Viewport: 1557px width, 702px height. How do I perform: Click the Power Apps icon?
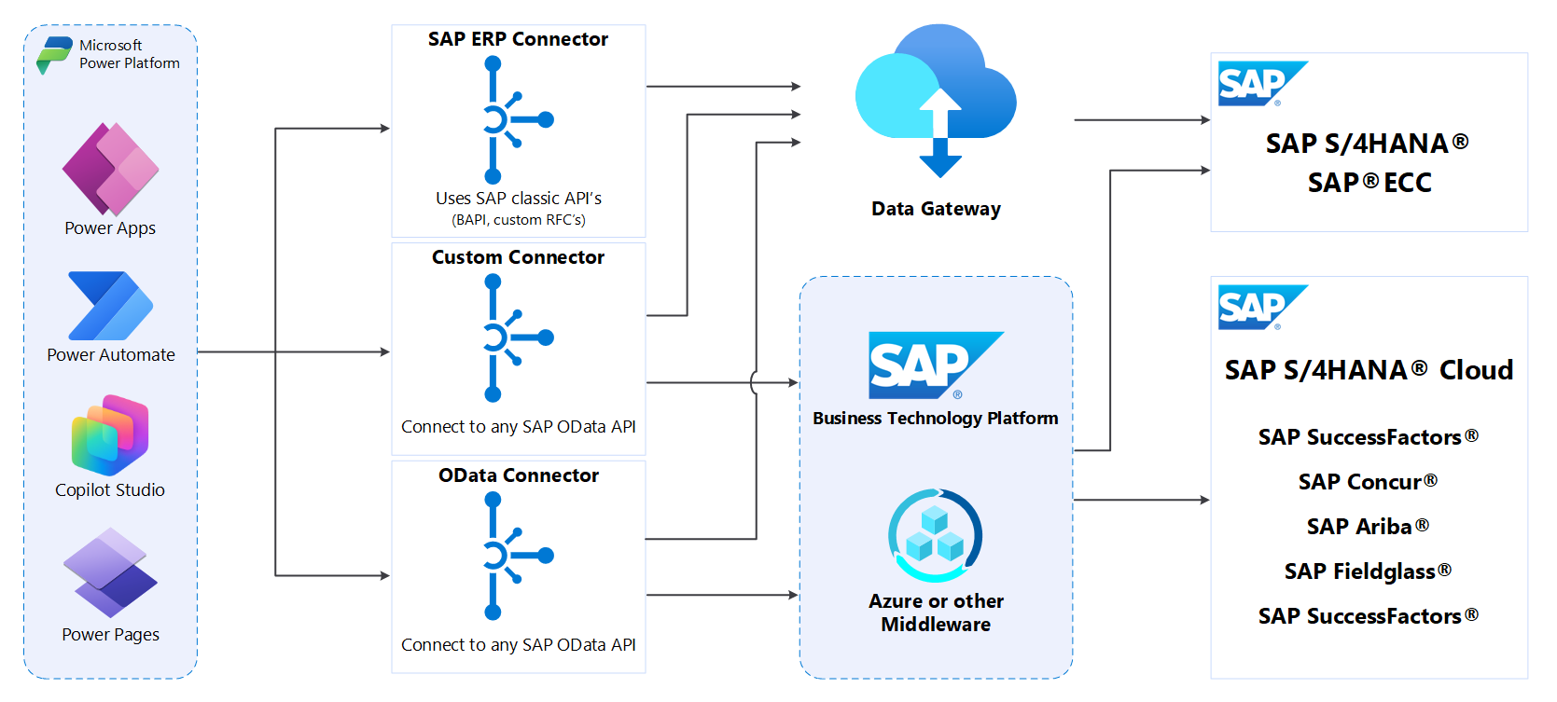pyautogui.click(x=110, y=170)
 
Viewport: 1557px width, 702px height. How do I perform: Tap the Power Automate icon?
pyautogui.click(x=110, y=306)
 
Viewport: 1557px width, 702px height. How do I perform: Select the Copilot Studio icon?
pyautogui.click(x=110, y=435)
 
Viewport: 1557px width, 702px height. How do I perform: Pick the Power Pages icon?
pyautogui.click(x=110, y=572)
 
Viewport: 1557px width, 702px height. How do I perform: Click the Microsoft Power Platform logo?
pyautogui.click(x=53, y=54)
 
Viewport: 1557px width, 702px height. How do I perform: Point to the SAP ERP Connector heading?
pyautogui.click(x=518, y=39)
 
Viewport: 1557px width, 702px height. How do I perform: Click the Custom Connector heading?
pyautogui.click(x=518, y=257)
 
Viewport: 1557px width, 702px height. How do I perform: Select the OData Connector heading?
pyautogui.click(x=518, y=475)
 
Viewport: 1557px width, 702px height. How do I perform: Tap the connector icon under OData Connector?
pyautogui.click(x=508, y=557)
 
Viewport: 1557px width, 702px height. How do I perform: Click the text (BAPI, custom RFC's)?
pyautogui.click(x=518, y=220)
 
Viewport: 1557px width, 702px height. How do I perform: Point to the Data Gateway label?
pyautogui.click(x=936, y=209)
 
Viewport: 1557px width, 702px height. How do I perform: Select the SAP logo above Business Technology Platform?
pyautogui.click(x=934, y=365)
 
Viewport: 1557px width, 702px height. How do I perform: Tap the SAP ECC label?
pyautogui.click(x=1369, y=183)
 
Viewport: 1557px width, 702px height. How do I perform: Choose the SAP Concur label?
pyautogui.click(x=1367, y=482)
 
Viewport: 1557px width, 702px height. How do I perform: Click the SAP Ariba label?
pyautogui.click(x=1367, y=527)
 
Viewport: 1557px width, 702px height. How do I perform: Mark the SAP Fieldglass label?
pyautogui.click(x=1367, y=571)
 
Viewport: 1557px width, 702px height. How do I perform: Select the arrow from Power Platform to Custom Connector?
pyautogui.click(x=294, y=352)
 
